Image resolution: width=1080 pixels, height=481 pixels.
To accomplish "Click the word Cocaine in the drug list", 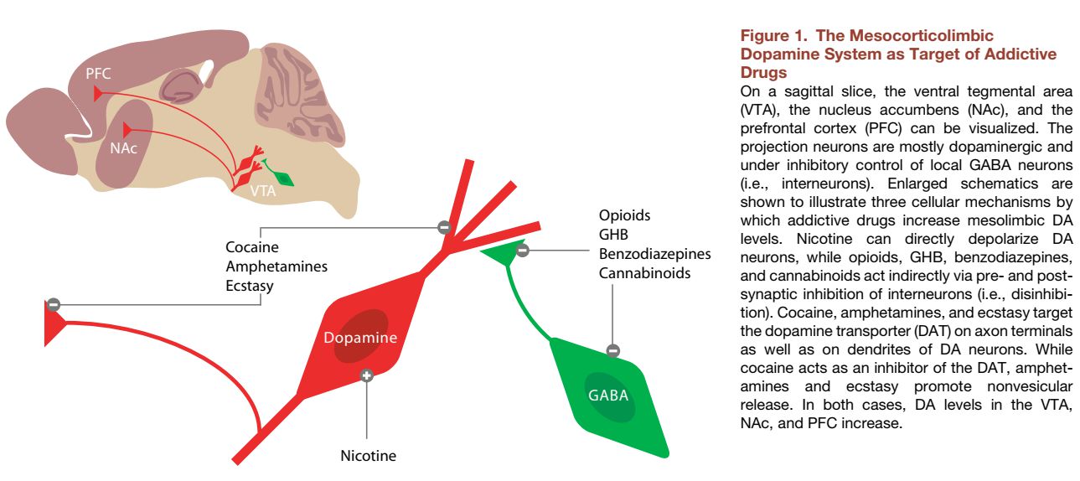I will pos(252,248).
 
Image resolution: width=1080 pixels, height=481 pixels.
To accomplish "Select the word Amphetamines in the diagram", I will pos(276,266).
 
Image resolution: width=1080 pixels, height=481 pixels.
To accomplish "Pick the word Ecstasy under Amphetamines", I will pos(250,286).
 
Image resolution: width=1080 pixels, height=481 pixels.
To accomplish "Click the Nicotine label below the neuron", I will pos(368,457).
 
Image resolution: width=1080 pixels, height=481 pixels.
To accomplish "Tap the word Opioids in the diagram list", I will pos(624,215).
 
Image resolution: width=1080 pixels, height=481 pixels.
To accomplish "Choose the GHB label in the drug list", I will pos(613,235).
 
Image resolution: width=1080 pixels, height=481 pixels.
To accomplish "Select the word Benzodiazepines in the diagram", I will pos(654,254).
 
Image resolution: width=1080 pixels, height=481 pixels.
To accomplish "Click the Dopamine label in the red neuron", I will pos(360,338).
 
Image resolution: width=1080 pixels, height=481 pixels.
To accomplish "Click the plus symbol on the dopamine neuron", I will pos(366,375).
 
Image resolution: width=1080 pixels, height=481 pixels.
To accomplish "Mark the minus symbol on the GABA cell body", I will pos(613,350).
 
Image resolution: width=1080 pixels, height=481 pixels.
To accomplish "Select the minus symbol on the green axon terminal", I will pos(522,250).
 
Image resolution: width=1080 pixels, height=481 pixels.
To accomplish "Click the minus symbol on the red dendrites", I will pos(444,227).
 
